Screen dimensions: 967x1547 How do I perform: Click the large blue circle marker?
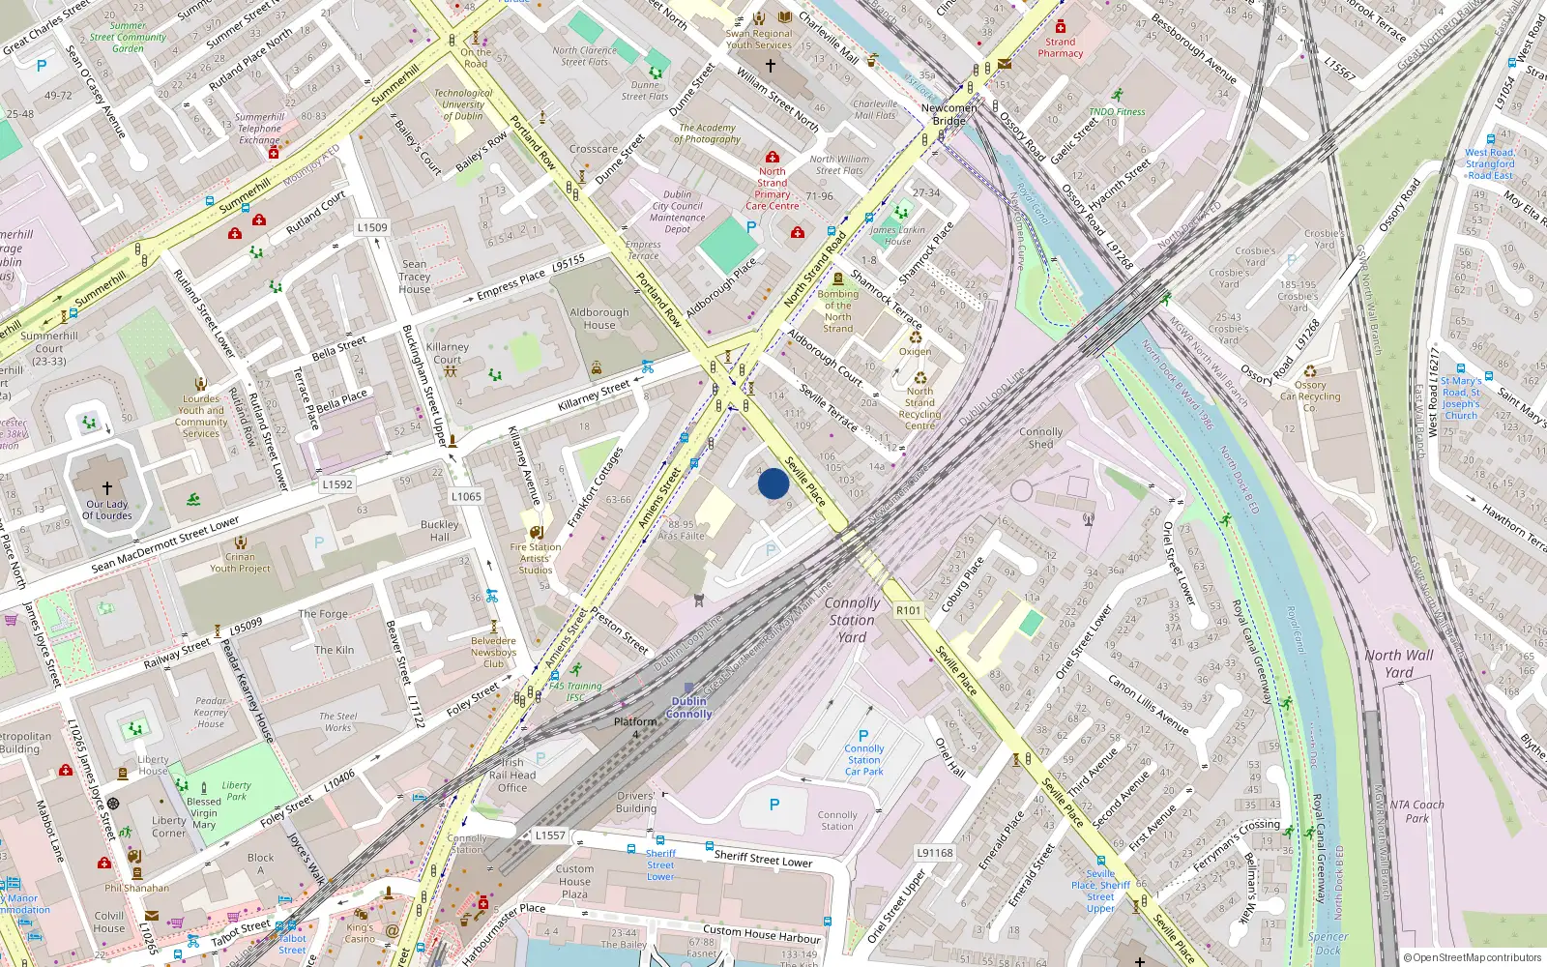773,483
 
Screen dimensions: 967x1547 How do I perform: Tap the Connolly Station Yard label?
852,620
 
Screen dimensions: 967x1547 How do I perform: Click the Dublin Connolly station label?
688,708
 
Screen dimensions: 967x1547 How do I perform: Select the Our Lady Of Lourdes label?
107,510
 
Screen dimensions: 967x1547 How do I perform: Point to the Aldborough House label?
599,319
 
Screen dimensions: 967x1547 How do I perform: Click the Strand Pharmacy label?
1061,47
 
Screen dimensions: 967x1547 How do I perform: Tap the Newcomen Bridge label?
949,114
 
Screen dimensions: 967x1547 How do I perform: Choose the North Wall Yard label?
1399,663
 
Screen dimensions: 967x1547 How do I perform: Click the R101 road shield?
909,610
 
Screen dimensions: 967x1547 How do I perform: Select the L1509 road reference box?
372,227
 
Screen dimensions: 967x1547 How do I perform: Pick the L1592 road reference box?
337,484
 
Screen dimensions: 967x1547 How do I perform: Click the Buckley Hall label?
440,531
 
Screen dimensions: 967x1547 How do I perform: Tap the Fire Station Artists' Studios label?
536,558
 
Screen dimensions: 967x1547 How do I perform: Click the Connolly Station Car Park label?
864,760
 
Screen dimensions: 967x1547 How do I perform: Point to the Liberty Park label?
236,791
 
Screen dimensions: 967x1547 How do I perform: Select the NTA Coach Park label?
1416,811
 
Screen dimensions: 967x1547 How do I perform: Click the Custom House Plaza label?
574,881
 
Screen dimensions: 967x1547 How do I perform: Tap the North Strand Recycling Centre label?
919,408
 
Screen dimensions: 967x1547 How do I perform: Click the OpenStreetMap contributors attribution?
1473,957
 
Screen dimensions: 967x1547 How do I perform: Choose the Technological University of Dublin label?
463,104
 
